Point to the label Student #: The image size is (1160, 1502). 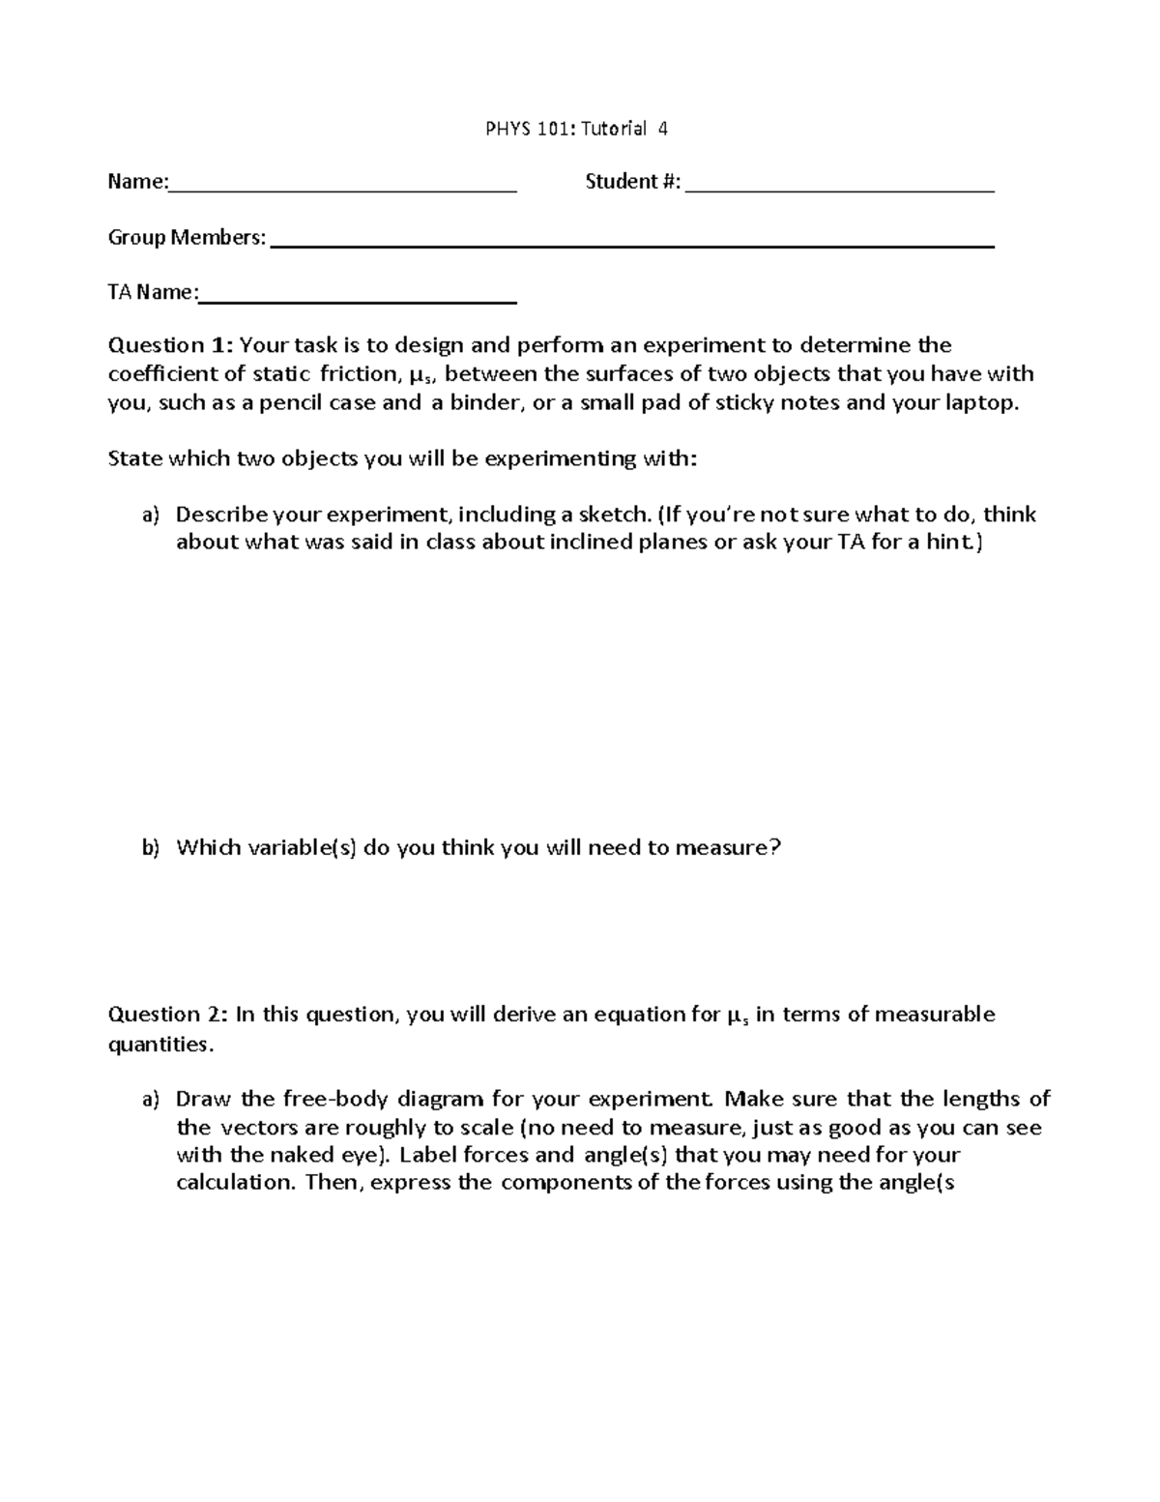(x=632, y=182)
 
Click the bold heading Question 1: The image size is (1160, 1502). (x=170, y=345)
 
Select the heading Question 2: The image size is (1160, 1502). (x=169, y=1015)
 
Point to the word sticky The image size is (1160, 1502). (x=739, y=403)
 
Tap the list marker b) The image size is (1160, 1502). (x=150, y=848)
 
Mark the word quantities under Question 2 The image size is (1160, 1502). (x=158, y=1045)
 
